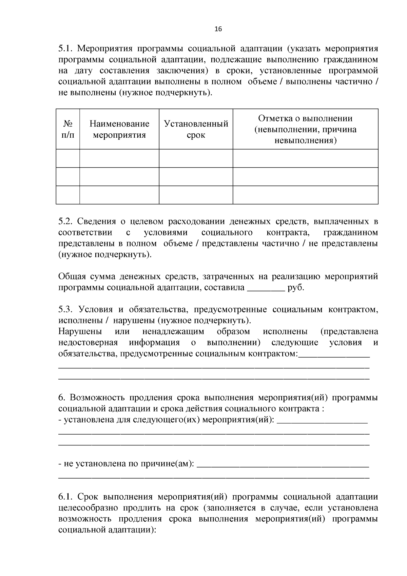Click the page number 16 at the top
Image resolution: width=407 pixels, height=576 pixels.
point(218,29)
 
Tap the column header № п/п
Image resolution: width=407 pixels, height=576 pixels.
point(68,129)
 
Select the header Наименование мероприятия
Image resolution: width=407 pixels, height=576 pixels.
point(119,129)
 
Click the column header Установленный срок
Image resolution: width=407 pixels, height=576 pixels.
point(196,129)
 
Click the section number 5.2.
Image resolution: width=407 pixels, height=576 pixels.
point(65,222)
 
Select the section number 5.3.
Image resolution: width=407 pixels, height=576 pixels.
point(65,309)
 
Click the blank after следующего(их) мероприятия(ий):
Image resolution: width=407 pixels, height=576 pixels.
point(322,420)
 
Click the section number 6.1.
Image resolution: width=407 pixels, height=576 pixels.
point(64,497)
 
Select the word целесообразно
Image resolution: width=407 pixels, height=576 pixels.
point(89,508)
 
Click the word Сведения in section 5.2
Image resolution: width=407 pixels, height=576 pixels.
point(97,222)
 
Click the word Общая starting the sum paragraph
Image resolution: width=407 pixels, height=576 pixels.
point(71,277)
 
